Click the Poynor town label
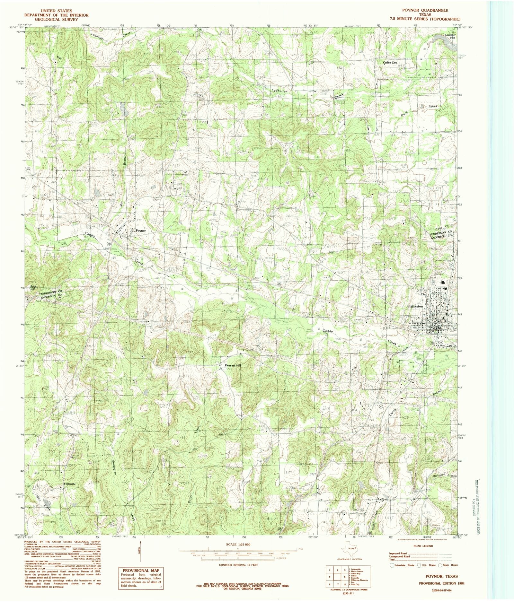[x=140, y=231]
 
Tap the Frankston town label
[x=415, y=306]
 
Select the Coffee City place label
[x=390, y=63]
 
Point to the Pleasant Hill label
[x=233, y=365]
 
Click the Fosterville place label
[x=69, y=484]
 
